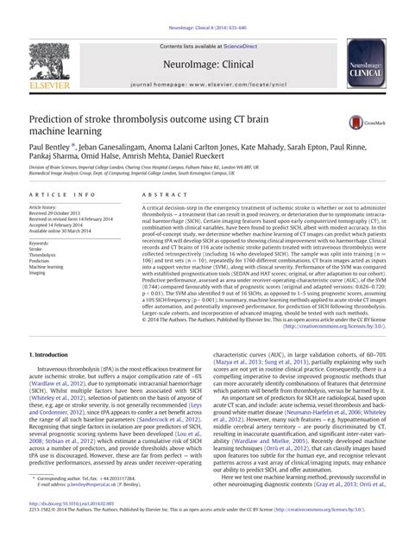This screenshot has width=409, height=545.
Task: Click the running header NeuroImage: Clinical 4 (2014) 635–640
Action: click(x=205, y=8)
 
